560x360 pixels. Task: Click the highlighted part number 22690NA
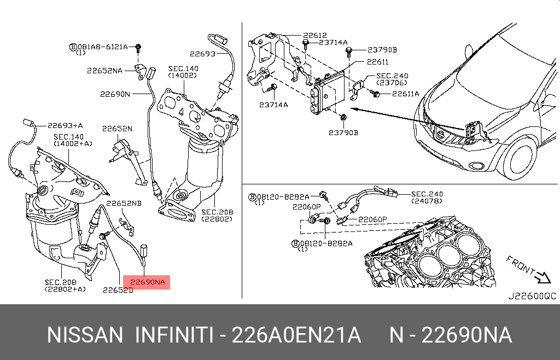point(147,282)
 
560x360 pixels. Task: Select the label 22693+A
point(65,125)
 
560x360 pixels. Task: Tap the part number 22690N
point(115,94)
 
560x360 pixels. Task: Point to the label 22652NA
point(104,71)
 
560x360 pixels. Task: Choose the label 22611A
point(405,94)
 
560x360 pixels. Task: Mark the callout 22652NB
point(124,204)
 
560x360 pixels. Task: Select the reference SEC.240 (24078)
point(427,197)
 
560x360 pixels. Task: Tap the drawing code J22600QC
point(532,296)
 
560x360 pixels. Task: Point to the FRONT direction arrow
point(543,277)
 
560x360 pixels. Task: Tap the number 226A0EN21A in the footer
point(296,335)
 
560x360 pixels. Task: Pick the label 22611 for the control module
point(377,62)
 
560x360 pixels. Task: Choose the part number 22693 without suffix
point(202,54)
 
